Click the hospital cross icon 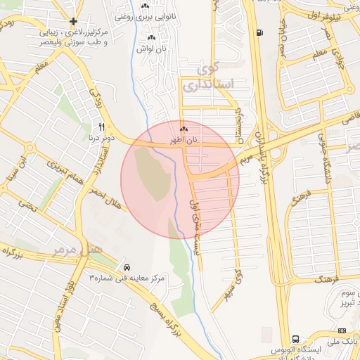(x=74, y=22)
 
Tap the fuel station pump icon (x=261, y=32)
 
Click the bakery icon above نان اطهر (x=184, y=129)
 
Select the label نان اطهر (x=184, y=141)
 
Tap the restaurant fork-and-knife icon (x=101, y=127)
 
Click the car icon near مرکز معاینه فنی (x=127, y=267)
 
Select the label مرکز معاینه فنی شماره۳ (x=127, y=278)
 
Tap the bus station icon (x=295, y=338)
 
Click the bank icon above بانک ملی (x=342, y=330)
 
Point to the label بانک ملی (x=345, y=339)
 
